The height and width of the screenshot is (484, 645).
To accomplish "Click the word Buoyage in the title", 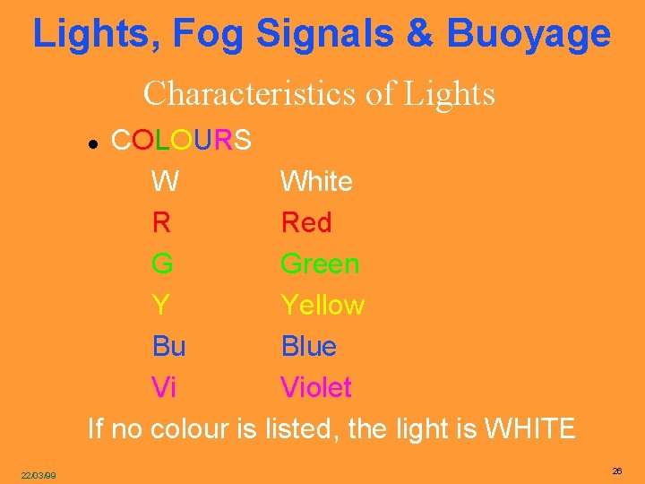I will (529, 35).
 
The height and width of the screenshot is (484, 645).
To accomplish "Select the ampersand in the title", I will (418, 35).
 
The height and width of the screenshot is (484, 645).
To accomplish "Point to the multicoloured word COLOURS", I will (180, 141).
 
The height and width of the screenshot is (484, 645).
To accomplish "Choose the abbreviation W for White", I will (165, 182).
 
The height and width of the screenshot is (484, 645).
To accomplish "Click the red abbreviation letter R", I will (162, 222).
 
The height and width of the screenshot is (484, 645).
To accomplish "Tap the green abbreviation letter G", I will (163, 264).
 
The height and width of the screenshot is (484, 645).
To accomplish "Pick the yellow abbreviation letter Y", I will (161, 306).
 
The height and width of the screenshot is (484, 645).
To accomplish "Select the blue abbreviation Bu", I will (169, 347).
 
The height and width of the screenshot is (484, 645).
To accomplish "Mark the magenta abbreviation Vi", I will (164, 388).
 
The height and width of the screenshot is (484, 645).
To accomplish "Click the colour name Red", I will (306, 222).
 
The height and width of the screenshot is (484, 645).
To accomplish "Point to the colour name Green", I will (320, 264).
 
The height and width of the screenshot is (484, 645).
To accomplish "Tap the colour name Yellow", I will (322, 306).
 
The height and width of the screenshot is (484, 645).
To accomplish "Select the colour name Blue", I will (309, 347).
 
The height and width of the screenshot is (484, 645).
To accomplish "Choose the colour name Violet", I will (316, 388).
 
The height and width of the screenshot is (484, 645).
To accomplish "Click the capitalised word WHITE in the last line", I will (529, 429).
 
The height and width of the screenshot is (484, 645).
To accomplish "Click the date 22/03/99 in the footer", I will (39, 475).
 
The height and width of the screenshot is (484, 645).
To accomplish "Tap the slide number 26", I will (617, 471).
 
